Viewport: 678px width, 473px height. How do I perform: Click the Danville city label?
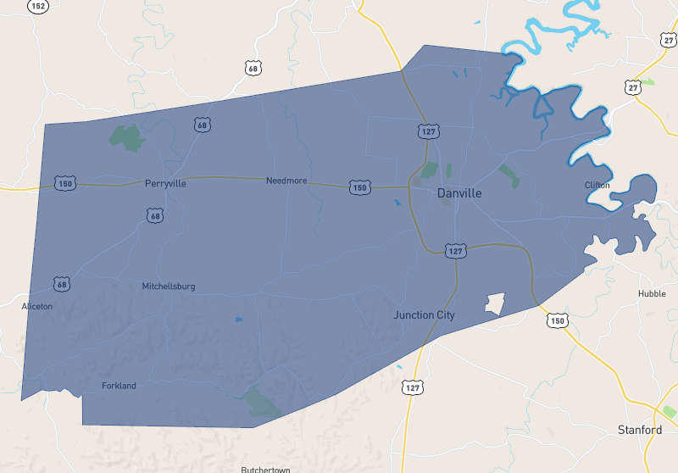459,193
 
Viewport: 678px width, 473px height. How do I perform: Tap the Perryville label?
165,183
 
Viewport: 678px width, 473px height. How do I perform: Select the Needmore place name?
286,181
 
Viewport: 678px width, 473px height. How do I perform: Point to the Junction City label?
424,315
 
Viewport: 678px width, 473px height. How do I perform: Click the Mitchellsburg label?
169,287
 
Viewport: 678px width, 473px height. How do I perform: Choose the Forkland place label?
119,386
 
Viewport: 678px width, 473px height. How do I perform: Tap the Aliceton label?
37,306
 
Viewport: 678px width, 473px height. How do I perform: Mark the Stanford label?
640,430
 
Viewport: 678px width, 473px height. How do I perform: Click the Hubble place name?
652,294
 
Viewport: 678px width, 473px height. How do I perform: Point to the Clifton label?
597,185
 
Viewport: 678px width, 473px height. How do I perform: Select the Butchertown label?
265,470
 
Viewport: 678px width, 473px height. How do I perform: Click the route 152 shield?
37,6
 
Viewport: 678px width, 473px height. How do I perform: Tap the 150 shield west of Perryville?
64,183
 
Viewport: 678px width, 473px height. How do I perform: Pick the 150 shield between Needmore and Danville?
360,186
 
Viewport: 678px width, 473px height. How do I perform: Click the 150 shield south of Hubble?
556,320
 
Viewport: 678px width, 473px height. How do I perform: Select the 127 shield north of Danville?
427,131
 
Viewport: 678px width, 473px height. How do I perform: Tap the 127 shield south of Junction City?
412,387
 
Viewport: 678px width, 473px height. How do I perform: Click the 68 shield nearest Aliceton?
62,283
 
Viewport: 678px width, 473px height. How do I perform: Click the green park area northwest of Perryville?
126,136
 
